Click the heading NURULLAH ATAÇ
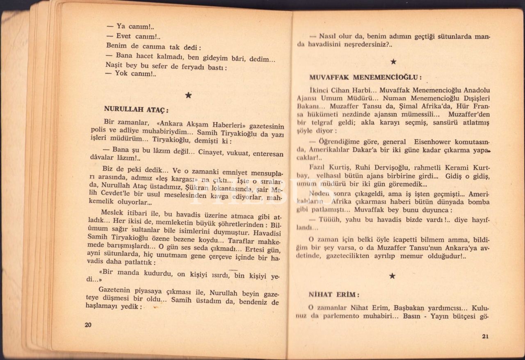click(x=136, y=109)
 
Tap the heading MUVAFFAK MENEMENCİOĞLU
click(x=365, y=77)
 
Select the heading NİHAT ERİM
click(x=334, y=294)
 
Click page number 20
click(x=88, y=325)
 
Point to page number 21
click(x=485, y=337)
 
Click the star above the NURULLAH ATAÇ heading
click(x=188, y=95)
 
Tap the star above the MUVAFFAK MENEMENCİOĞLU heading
click(x=393, y=62)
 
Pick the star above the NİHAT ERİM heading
click(x=392, y=276)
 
